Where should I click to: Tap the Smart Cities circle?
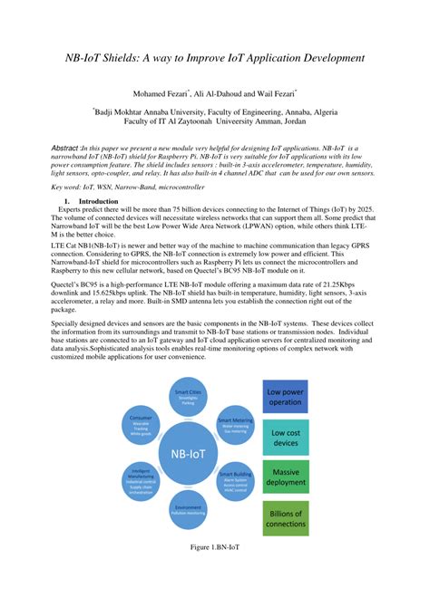point(188,392)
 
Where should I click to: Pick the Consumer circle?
point(140,423)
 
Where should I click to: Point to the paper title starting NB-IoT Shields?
point(214,58)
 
